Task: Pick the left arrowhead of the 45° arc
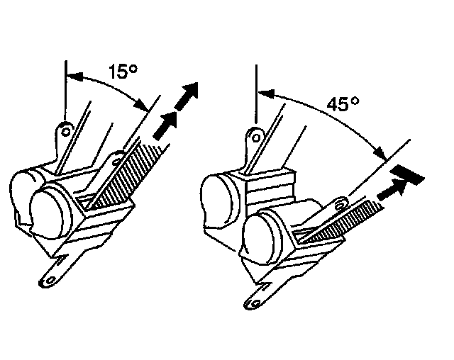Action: (x=262, y=91)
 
